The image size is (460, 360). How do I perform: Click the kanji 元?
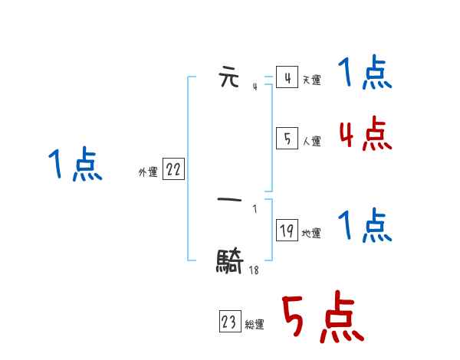[229, 78]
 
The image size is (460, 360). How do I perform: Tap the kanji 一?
[230, 200]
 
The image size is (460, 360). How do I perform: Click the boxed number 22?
[173, 170]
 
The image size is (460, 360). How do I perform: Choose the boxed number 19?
[287, 231]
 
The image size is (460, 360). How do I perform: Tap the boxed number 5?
[287, 139]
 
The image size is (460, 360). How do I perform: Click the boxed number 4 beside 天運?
[287, 78]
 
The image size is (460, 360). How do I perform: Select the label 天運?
[312, 80]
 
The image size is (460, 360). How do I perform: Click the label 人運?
[312, 141]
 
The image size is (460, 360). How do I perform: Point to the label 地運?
[312, 234]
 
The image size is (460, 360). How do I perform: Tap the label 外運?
[148, 173]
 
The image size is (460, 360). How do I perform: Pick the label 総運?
[255, 326]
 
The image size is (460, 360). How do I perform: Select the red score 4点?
[365, 134]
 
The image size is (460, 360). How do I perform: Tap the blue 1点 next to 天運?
[365, 74]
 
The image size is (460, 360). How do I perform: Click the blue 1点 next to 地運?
[365, 226]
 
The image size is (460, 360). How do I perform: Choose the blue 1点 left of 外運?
[75, 165]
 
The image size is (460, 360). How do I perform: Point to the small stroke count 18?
[253, 270]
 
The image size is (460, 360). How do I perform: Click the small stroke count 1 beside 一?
[255, 209]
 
